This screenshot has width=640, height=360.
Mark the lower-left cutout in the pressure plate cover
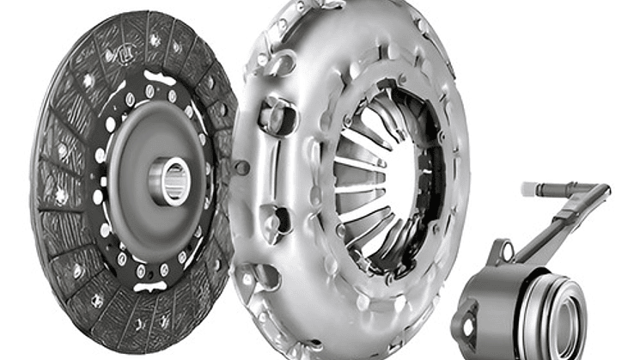tap(266, 275)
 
